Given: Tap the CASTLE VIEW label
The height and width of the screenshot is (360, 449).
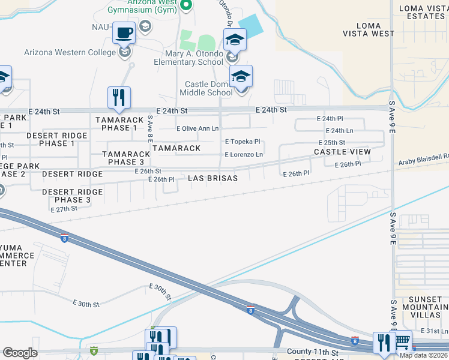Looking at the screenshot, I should (x=342, y=152).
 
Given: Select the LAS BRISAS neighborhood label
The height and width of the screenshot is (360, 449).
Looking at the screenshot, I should (x=212, y=178).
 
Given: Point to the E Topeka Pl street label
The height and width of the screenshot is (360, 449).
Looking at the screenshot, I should (x=243, y=142).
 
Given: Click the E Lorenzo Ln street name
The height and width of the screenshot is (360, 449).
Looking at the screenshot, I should (x=244, y=155).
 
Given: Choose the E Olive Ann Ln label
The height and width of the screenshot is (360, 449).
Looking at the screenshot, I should (x=197, y=128).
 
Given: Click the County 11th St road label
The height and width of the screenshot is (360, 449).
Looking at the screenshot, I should (x=312, y=352).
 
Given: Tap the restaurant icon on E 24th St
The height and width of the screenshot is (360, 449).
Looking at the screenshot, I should (x=119, y=97).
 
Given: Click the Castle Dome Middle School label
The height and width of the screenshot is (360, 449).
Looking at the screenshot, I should (x=209, y=88).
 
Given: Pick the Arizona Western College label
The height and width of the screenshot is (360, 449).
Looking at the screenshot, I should (x=70, y=52).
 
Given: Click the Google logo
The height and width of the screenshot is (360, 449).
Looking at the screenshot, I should (x=20, y=353).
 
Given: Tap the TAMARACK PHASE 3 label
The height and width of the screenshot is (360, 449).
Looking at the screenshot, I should (x=126, y=158).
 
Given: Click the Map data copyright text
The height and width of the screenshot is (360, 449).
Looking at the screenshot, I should (x=423, y=355).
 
